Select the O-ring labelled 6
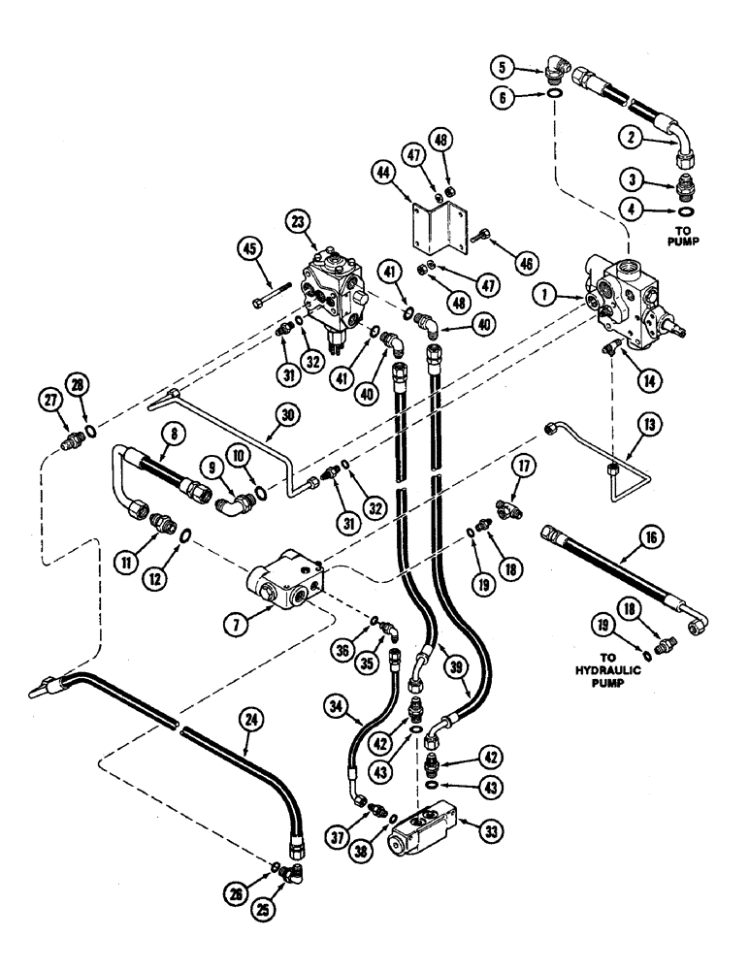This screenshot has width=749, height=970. [x=555, y=93]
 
